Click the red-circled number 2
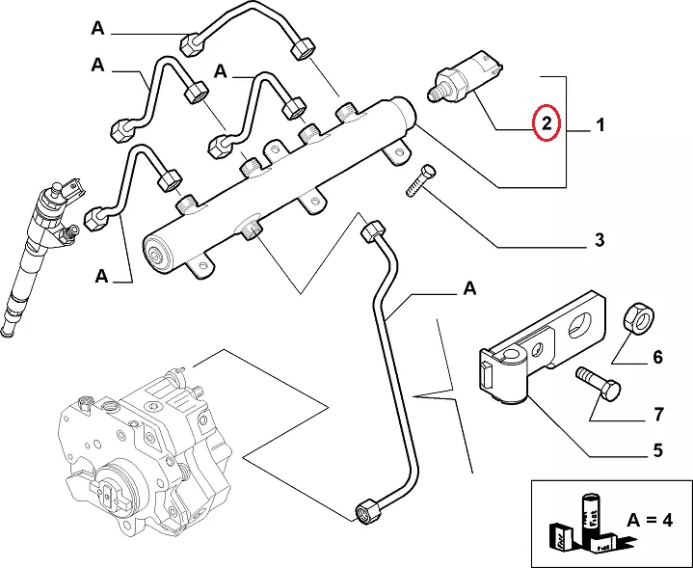pyautogui.click(x=546, y=123)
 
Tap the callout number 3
pyautogui.click(x=599, y=239)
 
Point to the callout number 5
pyautogui.click(x=657, y=449)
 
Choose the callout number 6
pyautogui.click(x=657, y=358)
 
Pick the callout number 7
pyautogui.click(x=657, y=416)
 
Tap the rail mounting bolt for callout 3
pyautogui.click(x=421, y=181)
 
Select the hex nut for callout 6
pyautogui.click(x=639, y=316)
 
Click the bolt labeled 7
pyautogui.click(x=599, y=385)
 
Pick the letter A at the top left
pyautogui.click(x=97, y=29)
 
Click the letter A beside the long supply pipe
pyautogui.click(x=469, y=287)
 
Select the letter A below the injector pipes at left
pyautogui.click(x=102, y=278)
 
